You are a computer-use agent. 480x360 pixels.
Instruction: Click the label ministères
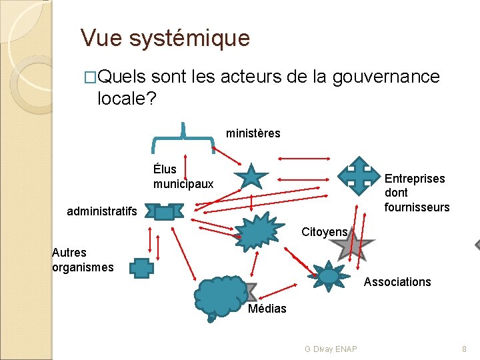pyautogui.click(x=253, y=133)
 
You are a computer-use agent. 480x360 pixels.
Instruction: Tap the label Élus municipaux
pyautogui.click(x=183, y=177)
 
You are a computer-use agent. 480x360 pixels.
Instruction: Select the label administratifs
pyautogui.click(x=102, y=212)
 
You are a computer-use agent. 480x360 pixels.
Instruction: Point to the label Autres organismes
pyautogui.click(x=82, y=260)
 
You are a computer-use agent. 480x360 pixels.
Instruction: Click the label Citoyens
pyautogui.click(x=324, y=232)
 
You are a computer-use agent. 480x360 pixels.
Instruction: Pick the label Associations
pyautogui.click(x=397, y=282)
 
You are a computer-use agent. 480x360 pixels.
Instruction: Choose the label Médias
pyautogui.click(x=267, y=309)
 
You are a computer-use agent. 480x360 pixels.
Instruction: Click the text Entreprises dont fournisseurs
pyautogui.click(x=416, y=193)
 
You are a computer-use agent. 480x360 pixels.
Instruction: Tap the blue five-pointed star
pyautogui.click(x=251, y=177)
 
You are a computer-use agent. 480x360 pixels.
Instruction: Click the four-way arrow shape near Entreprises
pyautogui.click(x=359, y=174)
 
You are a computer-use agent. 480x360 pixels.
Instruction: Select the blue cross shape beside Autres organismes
pyautogui.click(x=142, y=268)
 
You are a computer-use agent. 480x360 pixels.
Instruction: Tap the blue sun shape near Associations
pyautogui.click(x=329, y=275)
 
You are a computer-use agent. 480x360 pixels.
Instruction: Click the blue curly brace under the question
pyautogui.click(x=183, y=137)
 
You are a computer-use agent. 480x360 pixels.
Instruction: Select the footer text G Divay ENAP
pyautogui.click(x=330, y=349)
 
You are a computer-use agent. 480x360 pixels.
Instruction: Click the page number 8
pyautogui.click(x=464, y=349)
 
